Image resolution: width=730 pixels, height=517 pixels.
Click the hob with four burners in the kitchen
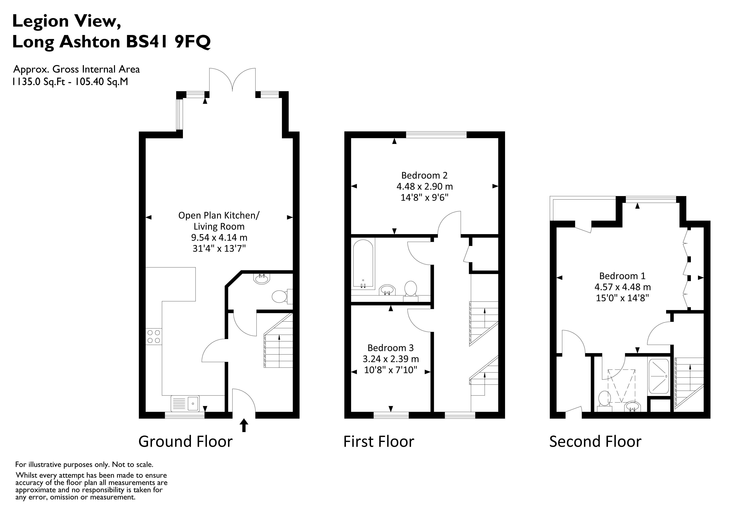click(154, 336)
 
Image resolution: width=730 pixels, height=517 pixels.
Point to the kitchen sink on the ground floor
click(185, 403)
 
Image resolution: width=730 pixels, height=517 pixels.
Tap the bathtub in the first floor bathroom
click(363, 264)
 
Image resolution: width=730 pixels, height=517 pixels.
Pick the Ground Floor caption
click(185, 442)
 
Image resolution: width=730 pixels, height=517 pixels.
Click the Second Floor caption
click(595, 442)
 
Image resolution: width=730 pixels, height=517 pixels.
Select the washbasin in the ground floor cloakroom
click(262, 279)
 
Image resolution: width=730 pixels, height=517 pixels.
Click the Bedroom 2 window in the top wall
click(436, 135)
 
